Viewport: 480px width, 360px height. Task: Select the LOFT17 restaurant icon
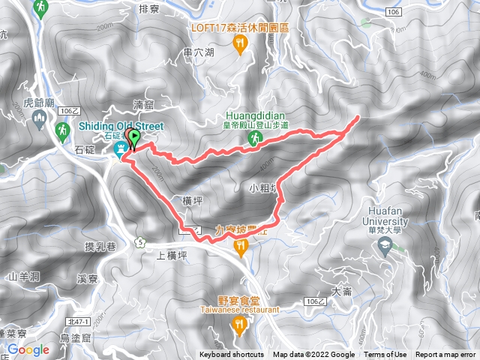coord(240,45)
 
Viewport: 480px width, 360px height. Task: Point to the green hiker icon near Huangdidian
coord(256,139)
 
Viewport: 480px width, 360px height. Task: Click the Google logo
coord(28,349)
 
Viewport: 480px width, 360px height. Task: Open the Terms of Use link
coord(385,355)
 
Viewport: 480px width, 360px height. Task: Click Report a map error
coord(445,355)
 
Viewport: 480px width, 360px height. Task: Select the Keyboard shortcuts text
coord(231,355)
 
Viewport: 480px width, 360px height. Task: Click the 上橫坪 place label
coord(170,254)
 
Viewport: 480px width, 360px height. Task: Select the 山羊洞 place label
coord(22,277)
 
